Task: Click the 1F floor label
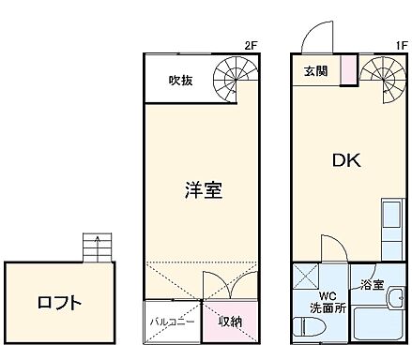[400, 45]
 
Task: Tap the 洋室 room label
[202, 188]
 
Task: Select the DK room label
[345, 159]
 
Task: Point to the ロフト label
[59, 303]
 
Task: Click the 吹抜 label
[181, 81]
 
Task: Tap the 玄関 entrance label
[315, 70]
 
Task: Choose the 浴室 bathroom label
[372, 284]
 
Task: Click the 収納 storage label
[231, 321]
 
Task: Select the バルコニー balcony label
[172, 321]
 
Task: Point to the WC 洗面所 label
[328, 299]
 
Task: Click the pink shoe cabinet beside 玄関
[348, 71]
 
